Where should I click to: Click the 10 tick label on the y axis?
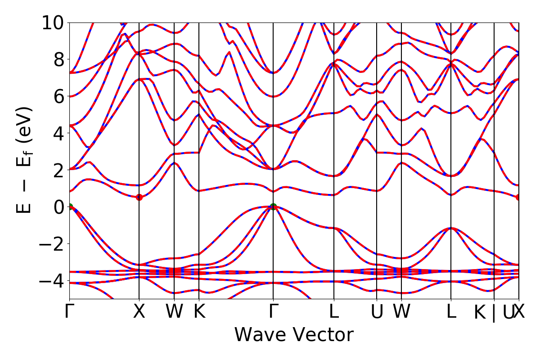[54, 22]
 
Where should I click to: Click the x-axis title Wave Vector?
[294, 335]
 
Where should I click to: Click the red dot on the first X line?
[139, 197]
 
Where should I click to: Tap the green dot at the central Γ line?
[273, 207]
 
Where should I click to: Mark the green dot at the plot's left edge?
[70, 207]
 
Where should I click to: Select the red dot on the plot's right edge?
[518, 197]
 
